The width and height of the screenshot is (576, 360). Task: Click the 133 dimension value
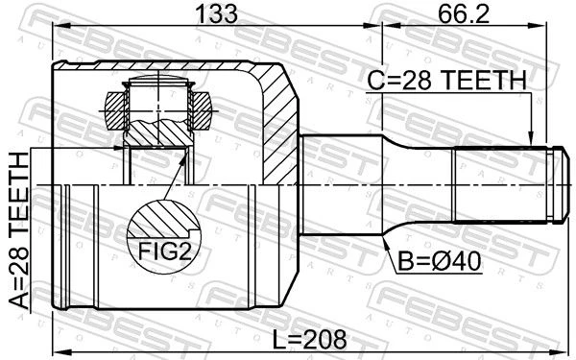(216, 13)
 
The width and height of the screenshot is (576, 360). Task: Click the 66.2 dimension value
(464, 13)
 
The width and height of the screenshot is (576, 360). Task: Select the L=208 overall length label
(310, 339)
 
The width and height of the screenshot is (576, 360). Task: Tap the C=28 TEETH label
(447, 80)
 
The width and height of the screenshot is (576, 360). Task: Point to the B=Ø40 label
(440, 261)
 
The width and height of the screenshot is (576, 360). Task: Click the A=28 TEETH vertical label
(19, 230)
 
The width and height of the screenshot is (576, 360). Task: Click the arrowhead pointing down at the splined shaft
(530, 139)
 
